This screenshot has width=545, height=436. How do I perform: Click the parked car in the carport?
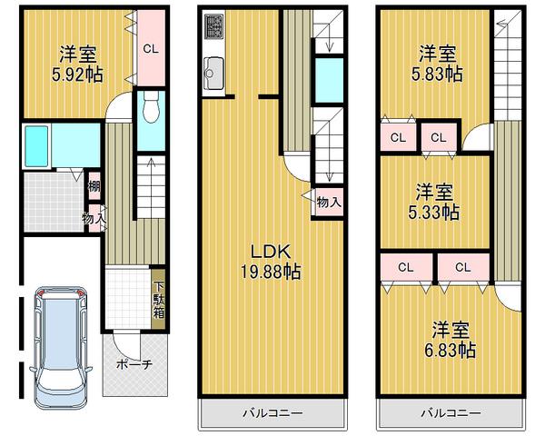point(56,347)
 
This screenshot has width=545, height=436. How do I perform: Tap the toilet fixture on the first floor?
point(152,110)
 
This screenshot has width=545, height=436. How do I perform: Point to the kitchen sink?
point(215,69)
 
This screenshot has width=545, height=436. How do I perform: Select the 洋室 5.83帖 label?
point(438,63)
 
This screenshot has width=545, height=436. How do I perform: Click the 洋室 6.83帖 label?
point(451,338)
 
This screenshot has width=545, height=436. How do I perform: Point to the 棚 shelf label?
point(94,188)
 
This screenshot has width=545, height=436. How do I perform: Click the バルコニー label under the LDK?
point(272,413)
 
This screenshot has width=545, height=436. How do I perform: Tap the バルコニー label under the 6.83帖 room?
point(451,413)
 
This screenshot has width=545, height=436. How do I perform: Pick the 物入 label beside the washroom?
point(93,219)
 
